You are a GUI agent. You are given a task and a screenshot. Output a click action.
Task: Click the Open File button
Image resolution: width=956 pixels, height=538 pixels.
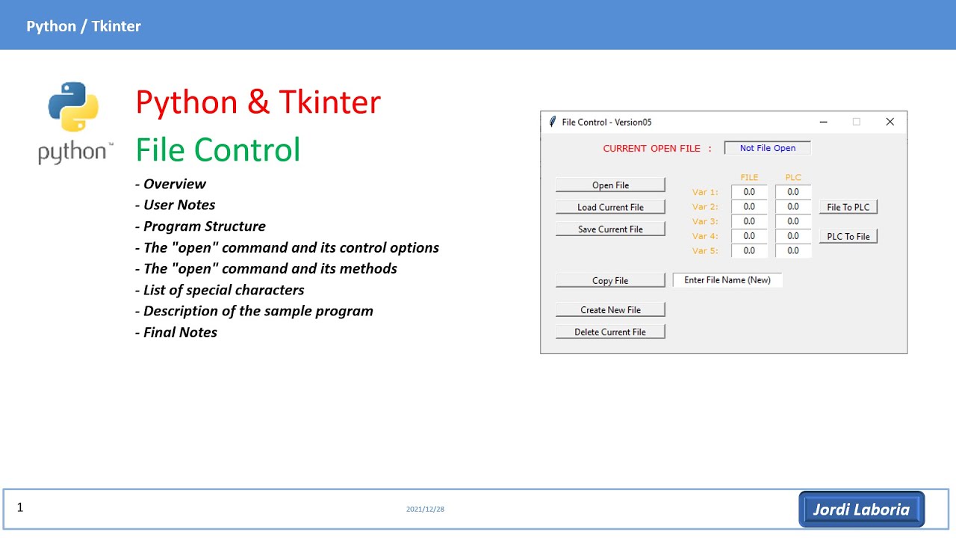[x=610, y=185]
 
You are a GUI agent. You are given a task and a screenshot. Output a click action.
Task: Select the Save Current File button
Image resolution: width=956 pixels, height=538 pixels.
[x=610, y=229]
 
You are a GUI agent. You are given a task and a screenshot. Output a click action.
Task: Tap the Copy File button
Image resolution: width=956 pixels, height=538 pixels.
[x=610, y=281]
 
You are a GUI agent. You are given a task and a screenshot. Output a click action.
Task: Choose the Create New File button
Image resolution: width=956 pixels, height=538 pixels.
[x=610, y=310]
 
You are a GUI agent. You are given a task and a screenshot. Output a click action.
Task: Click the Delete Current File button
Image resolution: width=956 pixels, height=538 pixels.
[x=610, y=332]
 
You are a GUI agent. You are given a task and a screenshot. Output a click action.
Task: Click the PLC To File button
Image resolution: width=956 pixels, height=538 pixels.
[x=848, y=237]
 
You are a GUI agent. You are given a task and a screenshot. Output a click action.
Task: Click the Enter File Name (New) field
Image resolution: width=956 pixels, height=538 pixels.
[x=727, y=280]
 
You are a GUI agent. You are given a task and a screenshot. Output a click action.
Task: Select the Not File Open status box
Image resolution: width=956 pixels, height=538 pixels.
[x=767, y=148]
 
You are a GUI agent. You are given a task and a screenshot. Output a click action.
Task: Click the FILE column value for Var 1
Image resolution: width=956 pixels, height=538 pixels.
[x=749, y=193]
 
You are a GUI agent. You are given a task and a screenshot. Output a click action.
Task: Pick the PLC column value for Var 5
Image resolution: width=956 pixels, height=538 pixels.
[x=793, y=251]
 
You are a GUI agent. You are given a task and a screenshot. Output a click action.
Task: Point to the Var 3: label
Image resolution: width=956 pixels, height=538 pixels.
[x=705, y=221]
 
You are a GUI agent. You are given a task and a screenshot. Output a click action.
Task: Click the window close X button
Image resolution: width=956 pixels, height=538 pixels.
[x=890, y=122]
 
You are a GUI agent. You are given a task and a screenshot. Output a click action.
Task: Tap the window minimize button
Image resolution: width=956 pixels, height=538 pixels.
[x=823, y=122]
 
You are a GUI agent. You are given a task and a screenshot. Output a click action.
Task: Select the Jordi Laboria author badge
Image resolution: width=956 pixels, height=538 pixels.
[x=861, y=510]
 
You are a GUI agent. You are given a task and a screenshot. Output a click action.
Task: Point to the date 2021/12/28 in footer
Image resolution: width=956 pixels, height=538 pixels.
[x=425, y=510]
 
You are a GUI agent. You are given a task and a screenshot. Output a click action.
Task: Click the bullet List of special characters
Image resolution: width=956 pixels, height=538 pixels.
[x=223, y=290]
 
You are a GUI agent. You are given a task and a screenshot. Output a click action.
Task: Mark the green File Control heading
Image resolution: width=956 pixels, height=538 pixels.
[x=218, y=149]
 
